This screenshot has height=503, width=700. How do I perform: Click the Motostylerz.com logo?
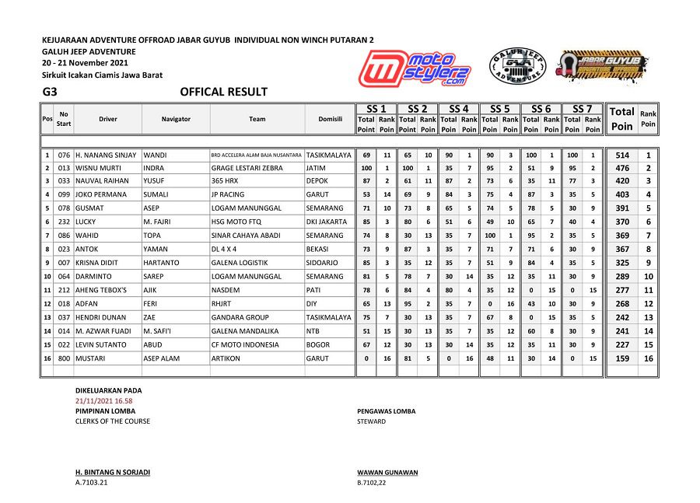(x=416, y=67)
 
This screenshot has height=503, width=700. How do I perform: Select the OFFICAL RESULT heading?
(x=223, y=92)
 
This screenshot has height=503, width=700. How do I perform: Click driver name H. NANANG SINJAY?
(x=106, y=155)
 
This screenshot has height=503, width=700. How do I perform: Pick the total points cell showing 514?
(x=621, y=155)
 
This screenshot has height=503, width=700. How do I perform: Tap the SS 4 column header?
(x=458, y=109)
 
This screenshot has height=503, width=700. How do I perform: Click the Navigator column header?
(x=176, y=119)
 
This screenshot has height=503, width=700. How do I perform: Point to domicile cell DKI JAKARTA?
(x=327, y=222)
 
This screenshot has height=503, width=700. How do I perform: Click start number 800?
(x=64, y=359)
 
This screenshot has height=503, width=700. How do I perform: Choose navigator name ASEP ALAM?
(x=162, y=359)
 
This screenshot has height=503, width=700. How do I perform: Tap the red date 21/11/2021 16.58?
(x=103, y=400)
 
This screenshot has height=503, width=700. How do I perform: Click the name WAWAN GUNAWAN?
(x=387, y=473)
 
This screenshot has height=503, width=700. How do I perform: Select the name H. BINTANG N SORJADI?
(x=113, y=473)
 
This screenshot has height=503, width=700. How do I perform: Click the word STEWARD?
(x=371, y=421)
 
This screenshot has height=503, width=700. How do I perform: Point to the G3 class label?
(x=51, y=92)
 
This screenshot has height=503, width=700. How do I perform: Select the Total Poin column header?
(x=621, y=118)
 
